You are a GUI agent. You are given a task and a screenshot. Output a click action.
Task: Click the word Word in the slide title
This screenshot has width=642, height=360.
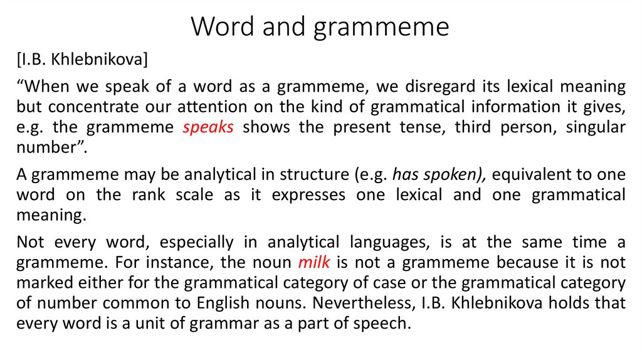tap(219, 27)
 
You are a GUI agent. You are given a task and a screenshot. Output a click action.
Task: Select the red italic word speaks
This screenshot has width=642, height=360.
tap(208, 127)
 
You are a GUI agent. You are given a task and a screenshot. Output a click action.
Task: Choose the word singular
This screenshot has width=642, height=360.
tap(596, 127)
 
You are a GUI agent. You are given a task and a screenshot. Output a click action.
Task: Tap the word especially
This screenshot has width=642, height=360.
tap(196, 242)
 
